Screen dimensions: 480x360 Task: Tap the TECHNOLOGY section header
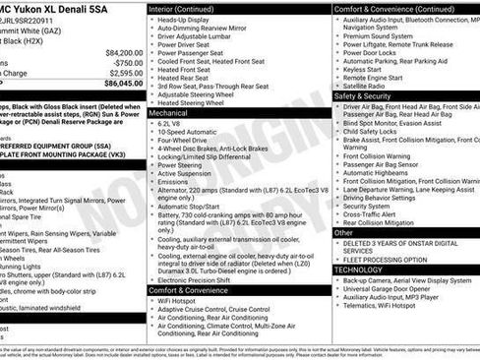coord(358,269)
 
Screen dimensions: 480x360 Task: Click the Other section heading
coord(343,233)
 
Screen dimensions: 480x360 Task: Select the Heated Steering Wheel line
coord(197,102)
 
